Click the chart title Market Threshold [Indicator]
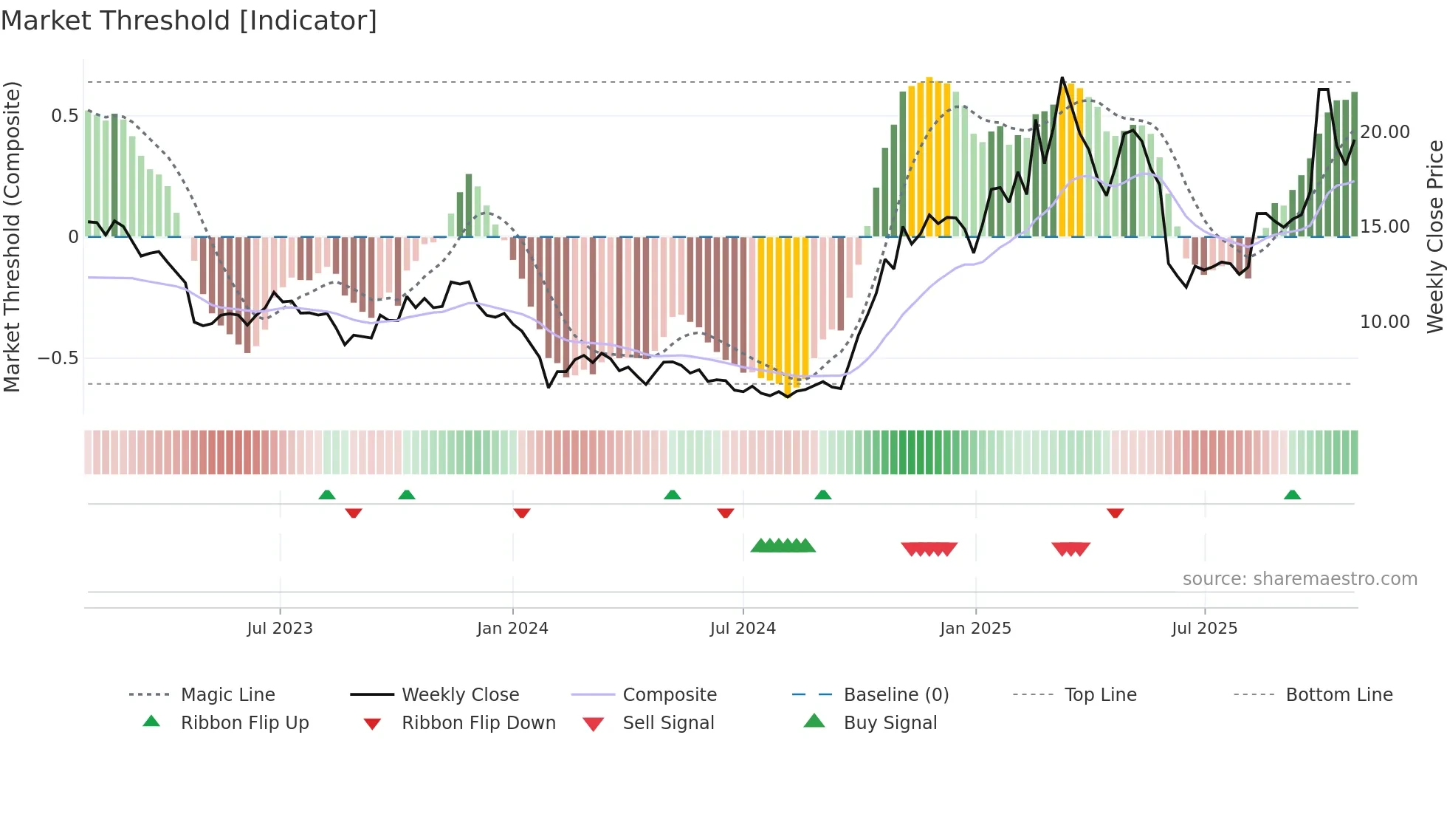pos(189,21)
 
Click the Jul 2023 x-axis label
pos(280,629)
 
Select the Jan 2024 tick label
pos(512,629)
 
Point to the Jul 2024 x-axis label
pos(743,629)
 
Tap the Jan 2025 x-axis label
pos(975,629)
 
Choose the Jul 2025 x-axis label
pos(1204,629)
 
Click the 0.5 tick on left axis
pos(64,116)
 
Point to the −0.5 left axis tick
pos(58,358)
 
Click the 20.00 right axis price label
pos(1385,132)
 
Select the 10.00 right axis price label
pos(1385,322)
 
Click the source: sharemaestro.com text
pos(1299,579)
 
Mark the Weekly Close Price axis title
pos(1434,236)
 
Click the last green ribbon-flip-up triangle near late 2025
pos(1292,495)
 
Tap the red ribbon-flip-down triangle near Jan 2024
pos(522,513)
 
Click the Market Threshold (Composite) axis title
pos(12,236)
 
